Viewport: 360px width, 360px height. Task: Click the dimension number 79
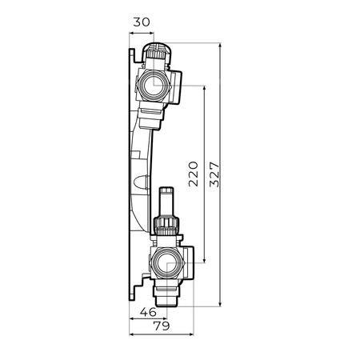pyautogui.click(x=162, y=327)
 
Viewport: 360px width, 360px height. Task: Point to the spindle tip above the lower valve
pyautogui.click(x=166, y=195)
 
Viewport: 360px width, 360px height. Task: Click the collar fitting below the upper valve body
pyautogui.click(x=154, y=117)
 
